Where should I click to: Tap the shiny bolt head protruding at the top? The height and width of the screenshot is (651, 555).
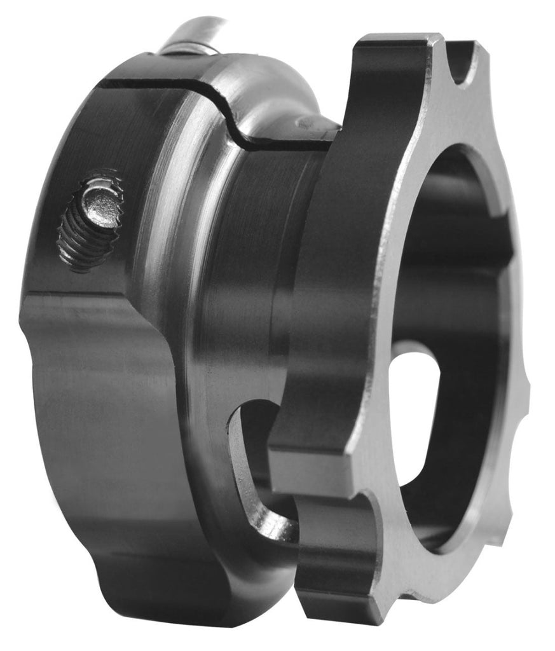coord(194,36)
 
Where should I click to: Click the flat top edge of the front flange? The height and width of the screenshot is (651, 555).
coord(394,42)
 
